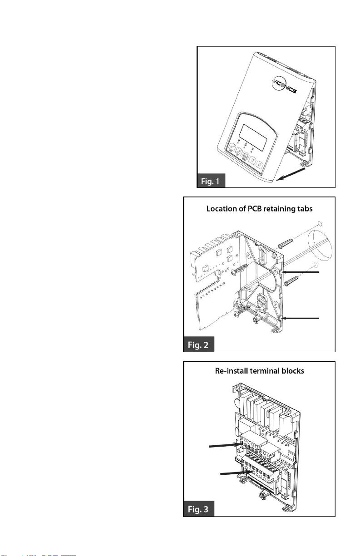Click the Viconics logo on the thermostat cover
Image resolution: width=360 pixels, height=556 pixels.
284,85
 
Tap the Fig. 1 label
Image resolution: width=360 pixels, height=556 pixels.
211,181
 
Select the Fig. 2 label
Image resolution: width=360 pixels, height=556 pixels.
198,345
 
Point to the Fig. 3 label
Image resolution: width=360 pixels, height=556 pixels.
198,509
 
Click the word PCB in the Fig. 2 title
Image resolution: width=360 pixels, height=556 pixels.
255,209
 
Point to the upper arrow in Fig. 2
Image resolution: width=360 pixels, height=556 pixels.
301,272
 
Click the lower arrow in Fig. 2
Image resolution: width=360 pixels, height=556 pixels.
301,318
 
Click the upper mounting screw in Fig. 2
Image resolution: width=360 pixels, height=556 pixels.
240,269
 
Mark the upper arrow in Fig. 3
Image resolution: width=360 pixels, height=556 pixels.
225,445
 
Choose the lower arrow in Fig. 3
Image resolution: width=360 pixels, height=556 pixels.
237,473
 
